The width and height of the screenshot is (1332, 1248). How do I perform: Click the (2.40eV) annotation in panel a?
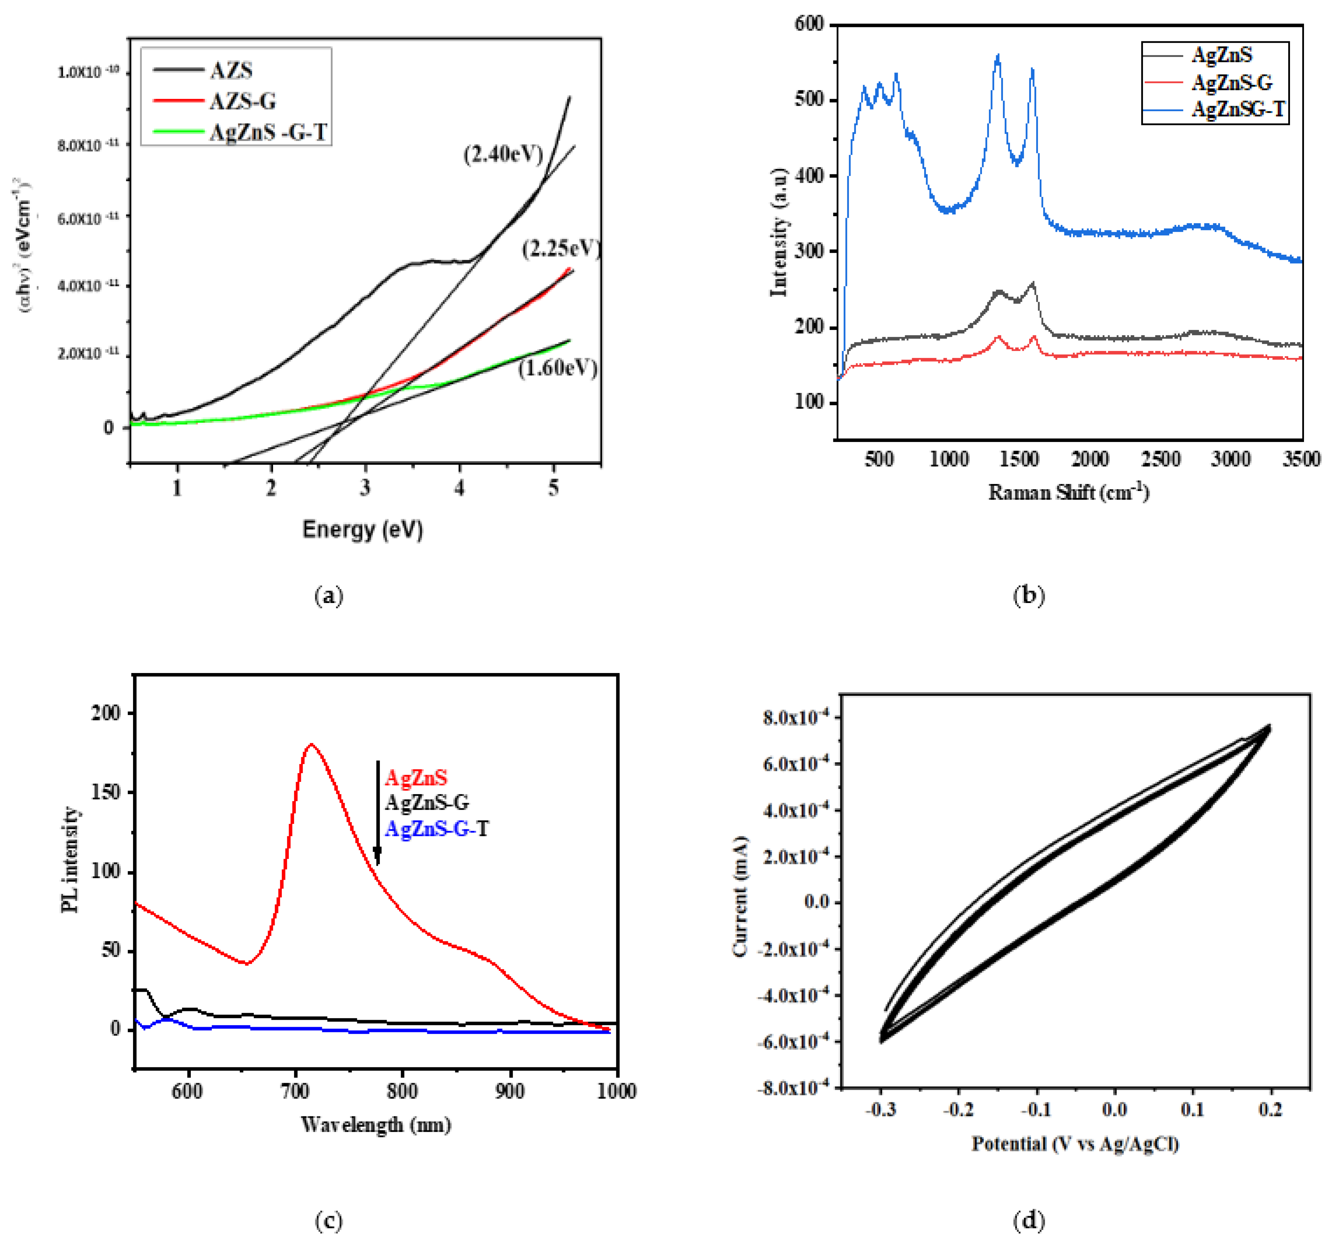(503, 155)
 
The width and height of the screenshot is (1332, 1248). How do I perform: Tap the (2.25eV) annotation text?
(561, 249)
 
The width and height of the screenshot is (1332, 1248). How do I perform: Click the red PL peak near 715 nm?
(311, 745)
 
